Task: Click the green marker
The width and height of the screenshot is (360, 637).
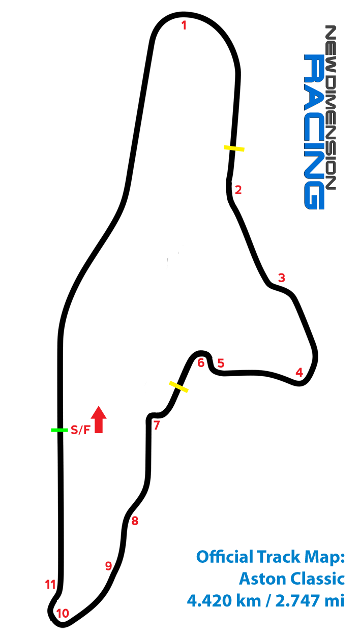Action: tap(59, 430)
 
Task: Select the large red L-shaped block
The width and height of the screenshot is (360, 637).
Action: tap(98, 420)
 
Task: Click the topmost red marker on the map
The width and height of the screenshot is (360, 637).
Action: tap(183, 25)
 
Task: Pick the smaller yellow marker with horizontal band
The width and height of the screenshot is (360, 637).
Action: tap(234, 148)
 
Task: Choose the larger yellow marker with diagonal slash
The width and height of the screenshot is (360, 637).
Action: tap(178, 387)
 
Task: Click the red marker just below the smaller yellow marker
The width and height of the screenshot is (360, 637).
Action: tap(238, 190)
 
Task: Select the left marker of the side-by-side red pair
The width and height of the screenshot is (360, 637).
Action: tap(201, 362)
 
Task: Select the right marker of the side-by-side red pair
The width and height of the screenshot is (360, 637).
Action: tap(221, 363)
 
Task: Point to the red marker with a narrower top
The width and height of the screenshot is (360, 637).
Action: tap(299, 373)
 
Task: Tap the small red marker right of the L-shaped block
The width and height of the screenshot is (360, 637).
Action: tap(157, 425)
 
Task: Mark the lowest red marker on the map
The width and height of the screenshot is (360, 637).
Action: tap(63, 613)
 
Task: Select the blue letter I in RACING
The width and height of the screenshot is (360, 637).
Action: tap(314, 142)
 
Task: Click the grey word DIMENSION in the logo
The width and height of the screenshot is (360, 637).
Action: tap(331, 127)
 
